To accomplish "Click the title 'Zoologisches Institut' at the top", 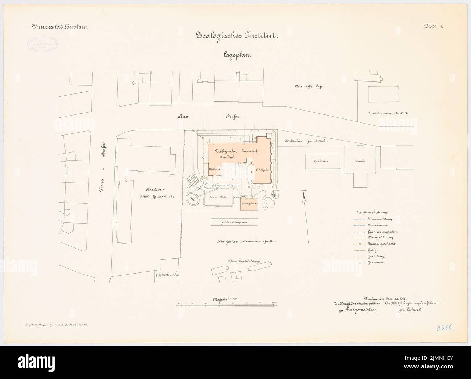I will pyautogui.click(x=237, y=36).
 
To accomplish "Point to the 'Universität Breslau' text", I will pyautogui.click(x=57, y=26).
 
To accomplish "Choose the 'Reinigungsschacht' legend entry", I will pyautogui.click(x=380, y=244).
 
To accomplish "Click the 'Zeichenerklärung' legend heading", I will pyautogui.click(x=373, y=212).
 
